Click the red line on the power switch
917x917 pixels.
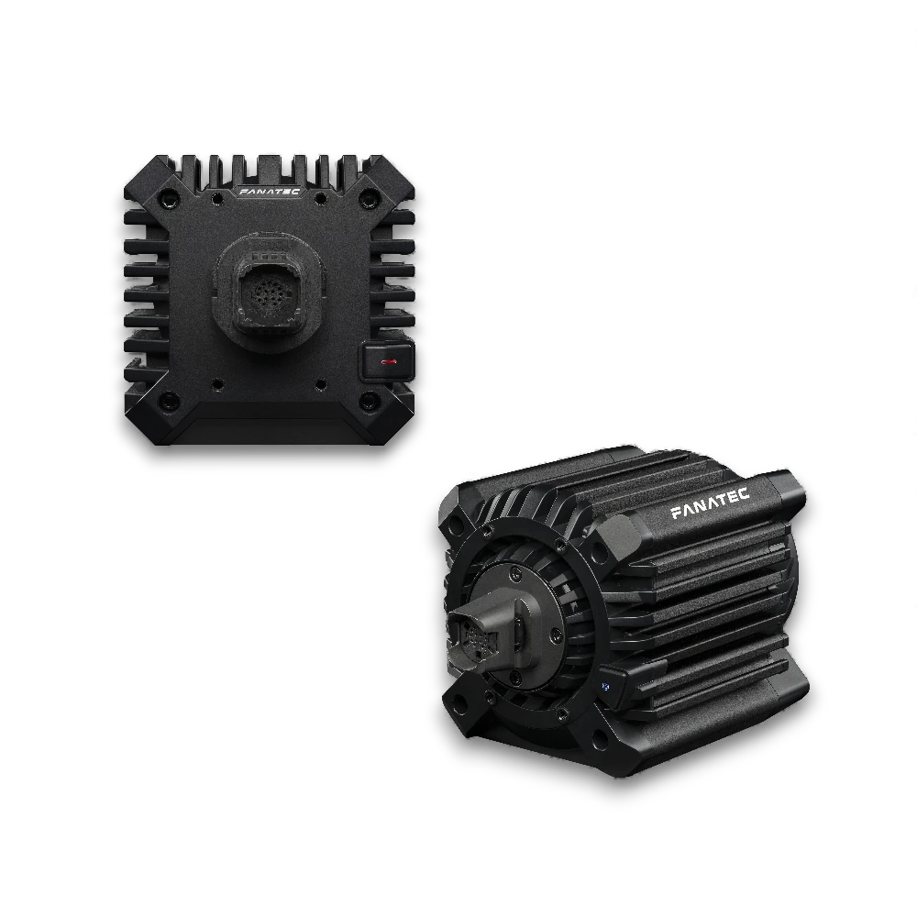tap(389, 362)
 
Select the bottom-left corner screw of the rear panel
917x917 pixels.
tap(169, 401)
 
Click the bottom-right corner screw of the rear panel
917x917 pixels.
tap(370, 401)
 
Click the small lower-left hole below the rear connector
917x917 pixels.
tap(218, 384)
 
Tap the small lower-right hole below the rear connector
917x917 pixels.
tap(321, 384)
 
